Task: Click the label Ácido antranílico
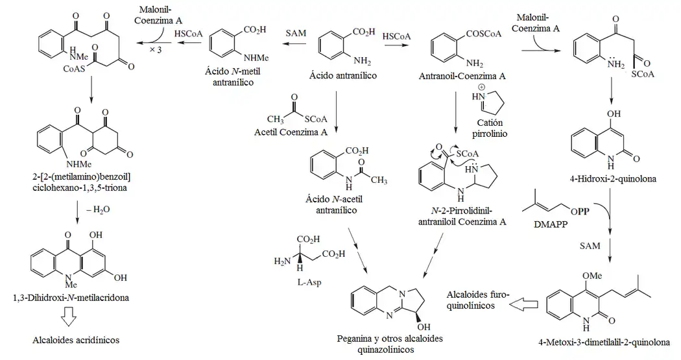(344, 77)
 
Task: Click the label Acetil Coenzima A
(290, 133)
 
